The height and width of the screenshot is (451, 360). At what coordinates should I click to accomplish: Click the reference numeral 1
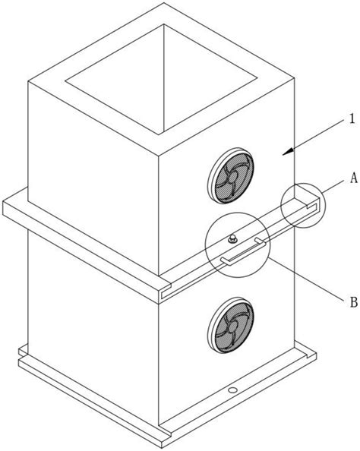point(352,118)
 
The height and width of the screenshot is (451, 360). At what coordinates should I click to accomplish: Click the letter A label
point(354,178)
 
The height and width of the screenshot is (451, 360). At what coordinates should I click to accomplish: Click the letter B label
point(354,302)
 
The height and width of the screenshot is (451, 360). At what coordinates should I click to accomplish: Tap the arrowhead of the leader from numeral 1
point(288,152)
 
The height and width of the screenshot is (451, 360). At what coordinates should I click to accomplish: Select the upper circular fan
point(231,176)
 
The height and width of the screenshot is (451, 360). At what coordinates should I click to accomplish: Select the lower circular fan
point(231,325)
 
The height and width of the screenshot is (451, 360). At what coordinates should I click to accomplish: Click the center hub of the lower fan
point(232,328)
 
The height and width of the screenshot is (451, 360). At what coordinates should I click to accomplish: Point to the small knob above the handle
point(232,238)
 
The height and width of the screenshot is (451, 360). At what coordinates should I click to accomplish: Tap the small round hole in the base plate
point(232,390)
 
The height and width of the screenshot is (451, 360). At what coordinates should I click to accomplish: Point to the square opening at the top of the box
point(161,78)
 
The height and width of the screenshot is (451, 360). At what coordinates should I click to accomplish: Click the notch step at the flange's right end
point(313,205)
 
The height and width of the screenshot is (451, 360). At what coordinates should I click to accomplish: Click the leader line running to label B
point(307,279)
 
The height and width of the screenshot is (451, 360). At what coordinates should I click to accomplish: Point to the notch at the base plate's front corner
point(165,429)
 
